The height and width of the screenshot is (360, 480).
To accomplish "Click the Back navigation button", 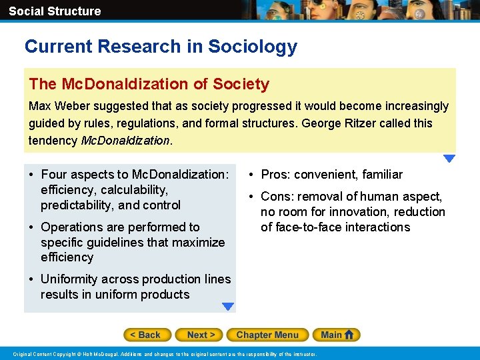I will (147, 335).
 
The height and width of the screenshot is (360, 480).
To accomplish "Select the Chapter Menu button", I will (267, 335).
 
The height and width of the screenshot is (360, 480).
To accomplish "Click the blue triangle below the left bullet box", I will (228, 307).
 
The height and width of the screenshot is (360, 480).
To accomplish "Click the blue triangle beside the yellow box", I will (449, 159).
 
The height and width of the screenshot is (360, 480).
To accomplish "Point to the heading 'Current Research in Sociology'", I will (161, 47).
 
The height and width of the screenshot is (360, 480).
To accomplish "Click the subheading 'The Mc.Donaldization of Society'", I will (149, 84).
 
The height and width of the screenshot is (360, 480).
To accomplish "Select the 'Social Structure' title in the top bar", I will (55, 11).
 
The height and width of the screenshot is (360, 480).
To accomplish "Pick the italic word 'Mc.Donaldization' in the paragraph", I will (125, 141).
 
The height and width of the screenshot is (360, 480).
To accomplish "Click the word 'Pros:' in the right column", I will (276, 175).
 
